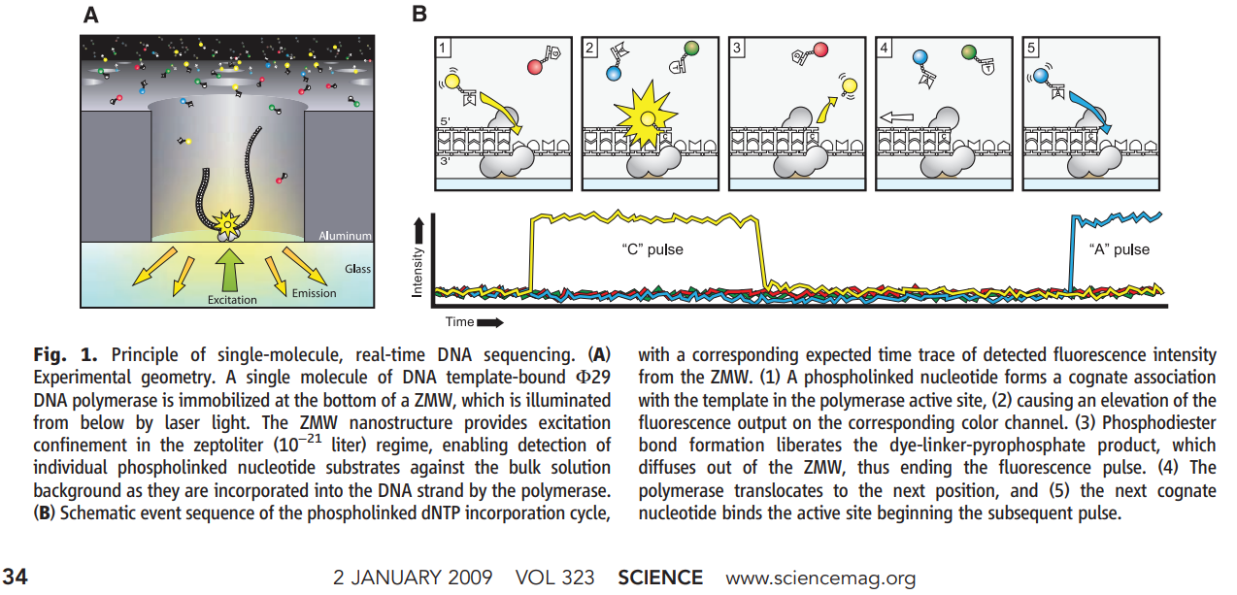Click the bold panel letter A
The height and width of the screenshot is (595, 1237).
click(x=90, y=15)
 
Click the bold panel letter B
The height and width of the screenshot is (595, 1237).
click(x=419, y=15)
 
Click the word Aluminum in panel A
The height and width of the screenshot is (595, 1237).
click(x=345, y=236)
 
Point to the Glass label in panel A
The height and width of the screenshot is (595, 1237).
click(x=356, y=271)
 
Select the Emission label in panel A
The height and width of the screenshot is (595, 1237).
click(x=314, y=292)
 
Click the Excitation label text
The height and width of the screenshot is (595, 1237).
click(x=232, y=300)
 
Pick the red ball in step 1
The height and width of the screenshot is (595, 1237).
click(x=535, y=68)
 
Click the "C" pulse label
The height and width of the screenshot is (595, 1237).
click(x=652, y=249)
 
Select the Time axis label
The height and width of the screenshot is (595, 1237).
click(x=460, y=320)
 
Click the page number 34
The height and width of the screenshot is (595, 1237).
click(x=17, y=578)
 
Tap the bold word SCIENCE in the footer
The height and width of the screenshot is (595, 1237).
click(x=660, y=578)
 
